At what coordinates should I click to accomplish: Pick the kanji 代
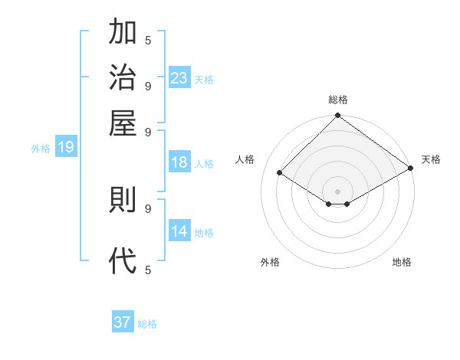pyautogui.click(x=123, y=260)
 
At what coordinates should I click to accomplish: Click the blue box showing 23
pyautogui.click(x=179, y=77)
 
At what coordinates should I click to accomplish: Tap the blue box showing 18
pyautogui.click(x=179, y=162)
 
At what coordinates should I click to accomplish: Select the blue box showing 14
pyautogui.click(x=179, y=231)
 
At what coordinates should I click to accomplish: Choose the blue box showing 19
pyautogui.click(x=66, y=148)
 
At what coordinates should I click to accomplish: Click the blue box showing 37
pyautogui.click(x=123, y=322)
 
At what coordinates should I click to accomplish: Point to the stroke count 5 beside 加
pyautogui.click(x=148, y=40)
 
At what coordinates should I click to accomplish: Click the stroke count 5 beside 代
pyautogui.click(x=148, y=270)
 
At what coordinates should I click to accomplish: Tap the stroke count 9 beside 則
pyautogui.click(x=148, y=208)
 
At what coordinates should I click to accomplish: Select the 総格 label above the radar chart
pyautogui.click(x=337, y=100)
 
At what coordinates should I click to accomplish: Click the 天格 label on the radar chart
pyautogui.click(x=431, y=159)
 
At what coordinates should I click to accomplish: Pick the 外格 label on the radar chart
pyautogui.click(x=270, y=262)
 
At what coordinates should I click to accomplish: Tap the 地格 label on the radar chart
pyautogui.click(x=402, y=262)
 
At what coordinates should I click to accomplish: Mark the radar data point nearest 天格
pyautogui.click(x=411, y=168)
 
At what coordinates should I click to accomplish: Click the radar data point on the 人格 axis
pyautogui.click(x=280, y=173)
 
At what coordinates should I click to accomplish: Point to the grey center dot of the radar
pyautogui.click(x=337, y=191)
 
